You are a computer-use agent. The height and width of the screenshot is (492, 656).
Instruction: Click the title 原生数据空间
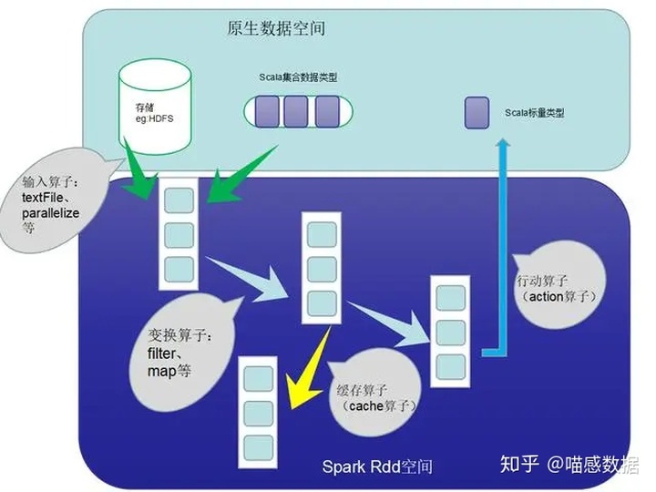click(275, 29)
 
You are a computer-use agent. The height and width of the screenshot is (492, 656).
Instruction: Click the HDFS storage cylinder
click(156, 104)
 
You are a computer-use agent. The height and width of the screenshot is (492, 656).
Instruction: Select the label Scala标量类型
click(535, 114)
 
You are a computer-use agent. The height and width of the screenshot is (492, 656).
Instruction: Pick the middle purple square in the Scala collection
click(296, 111)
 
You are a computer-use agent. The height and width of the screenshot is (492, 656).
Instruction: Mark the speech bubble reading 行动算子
click(555, 288)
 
